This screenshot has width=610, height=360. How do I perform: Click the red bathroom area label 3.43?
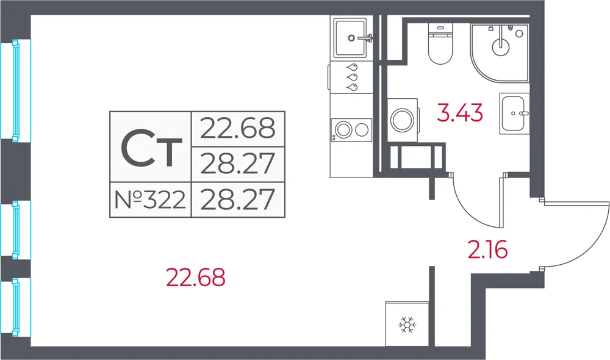[x=460, y=112]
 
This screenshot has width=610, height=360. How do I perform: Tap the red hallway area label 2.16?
[x=488, y=250]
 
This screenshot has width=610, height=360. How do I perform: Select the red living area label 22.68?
[x=196, y=278]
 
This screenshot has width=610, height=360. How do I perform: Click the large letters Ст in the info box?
[x=151, y=148]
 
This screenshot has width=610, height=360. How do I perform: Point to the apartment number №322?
[x=150, y=200]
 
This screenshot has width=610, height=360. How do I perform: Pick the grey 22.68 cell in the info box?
[x=238, y=129]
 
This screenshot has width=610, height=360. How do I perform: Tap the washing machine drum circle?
[x=402, y=120]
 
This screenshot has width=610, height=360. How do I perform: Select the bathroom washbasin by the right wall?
[x=514, y=113]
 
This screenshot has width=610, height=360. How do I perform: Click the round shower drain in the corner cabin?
[x=501, y=48]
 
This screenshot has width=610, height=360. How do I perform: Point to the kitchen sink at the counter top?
[x=350, y=38]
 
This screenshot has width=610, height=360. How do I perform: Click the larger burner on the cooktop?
[x=343, y=130]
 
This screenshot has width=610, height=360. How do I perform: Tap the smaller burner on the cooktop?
[x=362, y=130]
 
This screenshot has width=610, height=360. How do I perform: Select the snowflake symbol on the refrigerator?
[x=407, y=325]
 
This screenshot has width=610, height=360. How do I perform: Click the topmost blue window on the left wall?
[x=16, y=90]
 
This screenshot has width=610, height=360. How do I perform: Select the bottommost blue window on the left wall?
[x=16, y=307]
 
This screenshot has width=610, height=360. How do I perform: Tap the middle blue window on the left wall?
[x=16, y=229]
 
